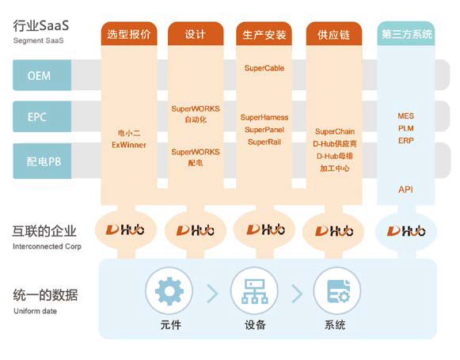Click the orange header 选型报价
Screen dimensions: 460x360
coord(129,34)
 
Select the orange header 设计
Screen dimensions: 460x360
coord(196,34)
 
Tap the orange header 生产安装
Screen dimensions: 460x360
coord(264,34)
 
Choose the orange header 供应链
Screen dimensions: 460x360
coord(334,34)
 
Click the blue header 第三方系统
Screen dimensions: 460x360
coord(406,34)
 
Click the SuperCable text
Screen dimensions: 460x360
coord(264,68)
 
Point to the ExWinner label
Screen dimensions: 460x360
coord(129,145)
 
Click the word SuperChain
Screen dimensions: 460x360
coord(335,131)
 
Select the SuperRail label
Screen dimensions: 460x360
coord(264,142)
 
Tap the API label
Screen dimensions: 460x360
coord(405,190)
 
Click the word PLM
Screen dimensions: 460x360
coord(406,128)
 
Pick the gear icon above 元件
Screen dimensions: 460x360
coord(169,291)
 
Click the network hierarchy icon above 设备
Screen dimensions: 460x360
coord(255,291)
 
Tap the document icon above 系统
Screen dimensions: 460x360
coord(338,291)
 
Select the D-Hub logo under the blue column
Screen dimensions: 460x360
coord(406,231)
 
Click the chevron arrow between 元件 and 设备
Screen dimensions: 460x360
coord(213,294)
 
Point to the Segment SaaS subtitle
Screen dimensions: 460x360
coord(38,40)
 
